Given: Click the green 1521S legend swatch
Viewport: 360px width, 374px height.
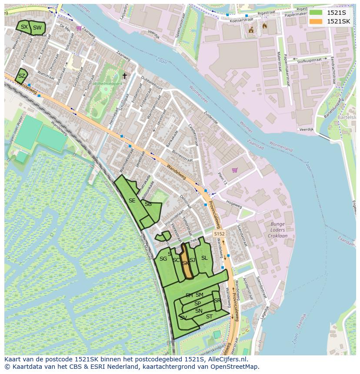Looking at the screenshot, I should pos(316,13).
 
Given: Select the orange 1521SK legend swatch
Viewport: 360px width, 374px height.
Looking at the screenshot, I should pos(316,21).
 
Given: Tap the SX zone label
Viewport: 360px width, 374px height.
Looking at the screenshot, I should pos(24,27).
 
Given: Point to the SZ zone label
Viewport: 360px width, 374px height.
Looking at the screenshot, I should pos(21,76).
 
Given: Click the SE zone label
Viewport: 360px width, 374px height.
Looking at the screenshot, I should pos(132,201).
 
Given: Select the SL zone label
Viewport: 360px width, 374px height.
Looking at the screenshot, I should pos(204,258).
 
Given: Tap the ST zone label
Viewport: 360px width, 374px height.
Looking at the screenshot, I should pos(209,317).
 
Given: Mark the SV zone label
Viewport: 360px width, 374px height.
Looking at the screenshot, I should pos(183,318).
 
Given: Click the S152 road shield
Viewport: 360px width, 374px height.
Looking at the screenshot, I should pos(219,234).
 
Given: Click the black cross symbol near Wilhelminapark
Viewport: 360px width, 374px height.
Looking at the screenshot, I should pos(124,76).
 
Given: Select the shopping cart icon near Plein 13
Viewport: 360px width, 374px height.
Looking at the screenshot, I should pos(235,170).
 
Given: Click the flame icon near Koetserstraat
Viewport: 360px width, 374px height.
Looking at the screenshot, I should pos(265,26).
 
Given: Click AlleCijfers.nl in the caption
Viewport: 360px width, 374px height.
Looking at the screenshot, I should pos(227,360).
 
